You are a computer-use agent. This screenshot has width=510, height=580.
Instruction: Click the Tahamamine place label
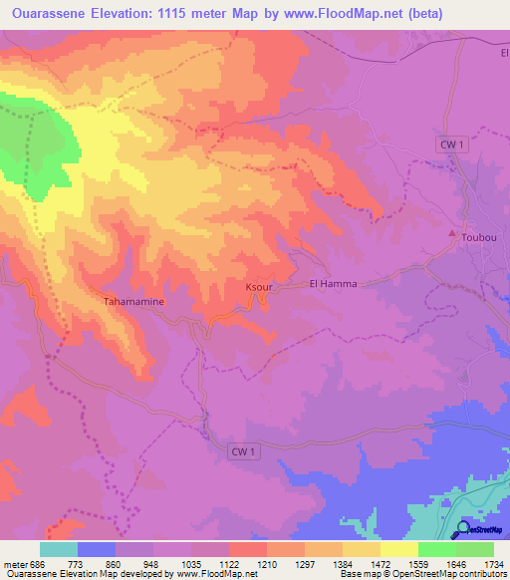(133, 300)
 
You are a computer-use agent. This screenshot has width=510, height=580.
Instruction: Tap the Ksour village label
(259, 287)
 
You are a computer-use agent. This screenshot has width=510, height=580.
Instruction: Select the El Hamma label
(334, 284)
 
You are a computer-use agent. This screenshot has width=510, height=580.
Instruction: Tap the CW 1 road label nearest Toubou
(453, 145)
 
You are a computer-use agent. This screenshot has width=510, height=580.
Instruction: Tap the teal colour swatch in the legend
(58, 549)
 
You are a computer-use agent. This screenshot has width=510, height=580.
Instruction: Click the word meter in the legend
(13, 563)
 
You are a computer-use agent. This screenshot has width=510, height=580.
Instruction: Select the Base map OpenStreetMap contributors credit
(421, 574)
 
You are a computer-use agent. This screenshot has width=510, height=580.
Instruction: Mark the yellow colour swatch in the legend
(361, 549)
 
